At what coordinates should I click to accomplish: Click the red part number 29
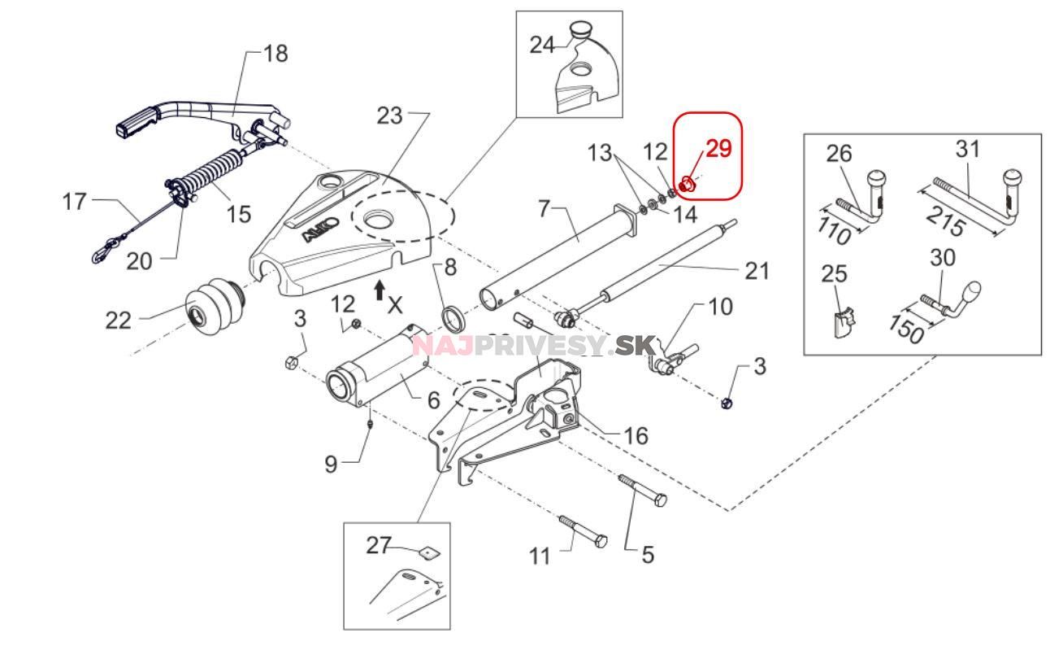(718, 149)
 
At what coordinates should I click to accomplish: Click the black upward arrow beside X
(380, 289)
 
